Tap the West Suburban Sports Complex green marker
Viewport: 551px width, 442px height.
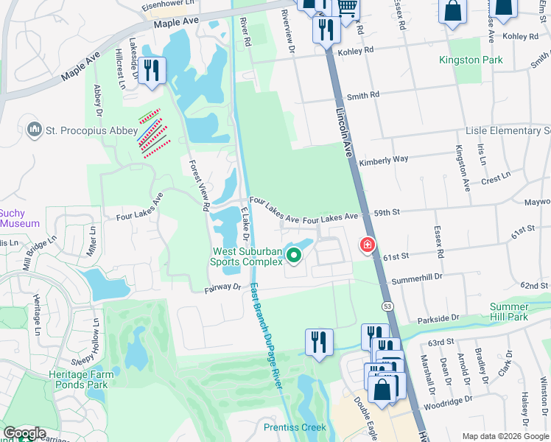[x=294, y=256]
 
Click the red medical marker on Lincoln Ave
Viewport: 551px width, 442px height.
[x=366, y=245]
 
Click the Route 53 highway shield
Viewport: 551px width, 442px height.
[x=385, y=305]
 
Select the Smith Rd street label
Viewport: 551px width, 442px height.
[x=362, y=95]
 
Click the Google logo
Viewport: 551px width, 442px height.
[x=24, y=433]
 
